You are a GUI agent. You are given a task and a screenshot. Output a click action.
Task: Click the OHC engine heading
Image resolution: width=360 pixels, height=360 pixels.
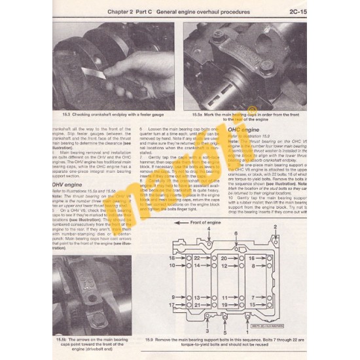click(242, 131)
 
